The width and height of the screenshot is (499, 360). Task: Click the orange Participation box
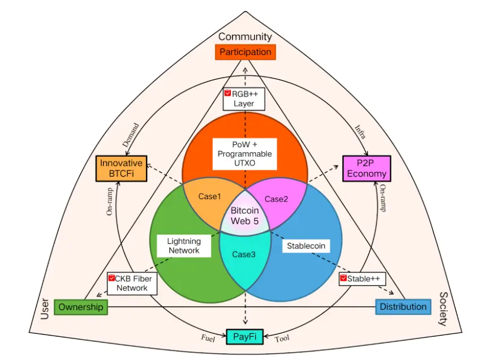click(x=245, y=52)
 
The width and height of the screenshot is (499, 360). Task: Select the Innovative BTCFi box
click(x=121, y=168)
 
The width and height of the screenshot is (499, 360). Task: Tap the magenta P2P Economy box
click(x=367, y=168)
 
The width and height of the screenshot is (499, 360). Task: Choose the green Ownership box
click(x=80, y=307)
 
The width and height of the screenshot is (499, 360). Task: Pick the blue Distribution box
click(x=403, y=307)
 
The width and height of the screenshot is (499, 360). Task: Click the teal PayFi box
click(x=245, y=337)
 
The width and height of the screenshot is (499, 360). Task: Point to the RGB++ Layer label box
click(x=244, y=98)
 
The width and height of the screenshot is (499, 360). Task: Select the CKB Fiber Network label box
click(x=132, y=282)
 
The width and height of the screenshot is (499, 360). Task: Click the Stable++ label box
click(x=362, y=278)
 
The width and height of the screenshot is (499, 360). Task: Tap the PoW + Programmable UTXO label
click(x=245, y=153)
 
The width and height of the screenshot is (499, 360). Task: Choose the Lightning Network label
click(x=184, y=246)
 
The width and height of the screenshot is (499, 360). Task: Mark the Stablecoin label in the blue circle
click(x=306, y=246)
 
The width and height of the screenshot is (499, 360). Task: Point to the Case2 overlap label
click(x=277, y=199)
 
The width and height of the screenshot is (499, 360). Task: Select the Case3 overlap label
click(x=244, y=254)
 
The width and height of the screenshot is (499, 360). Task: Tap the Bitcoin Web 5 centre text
click(x=244, y=215)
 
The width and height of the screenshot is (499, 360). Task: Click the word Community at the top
click(x=245, y=37)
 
